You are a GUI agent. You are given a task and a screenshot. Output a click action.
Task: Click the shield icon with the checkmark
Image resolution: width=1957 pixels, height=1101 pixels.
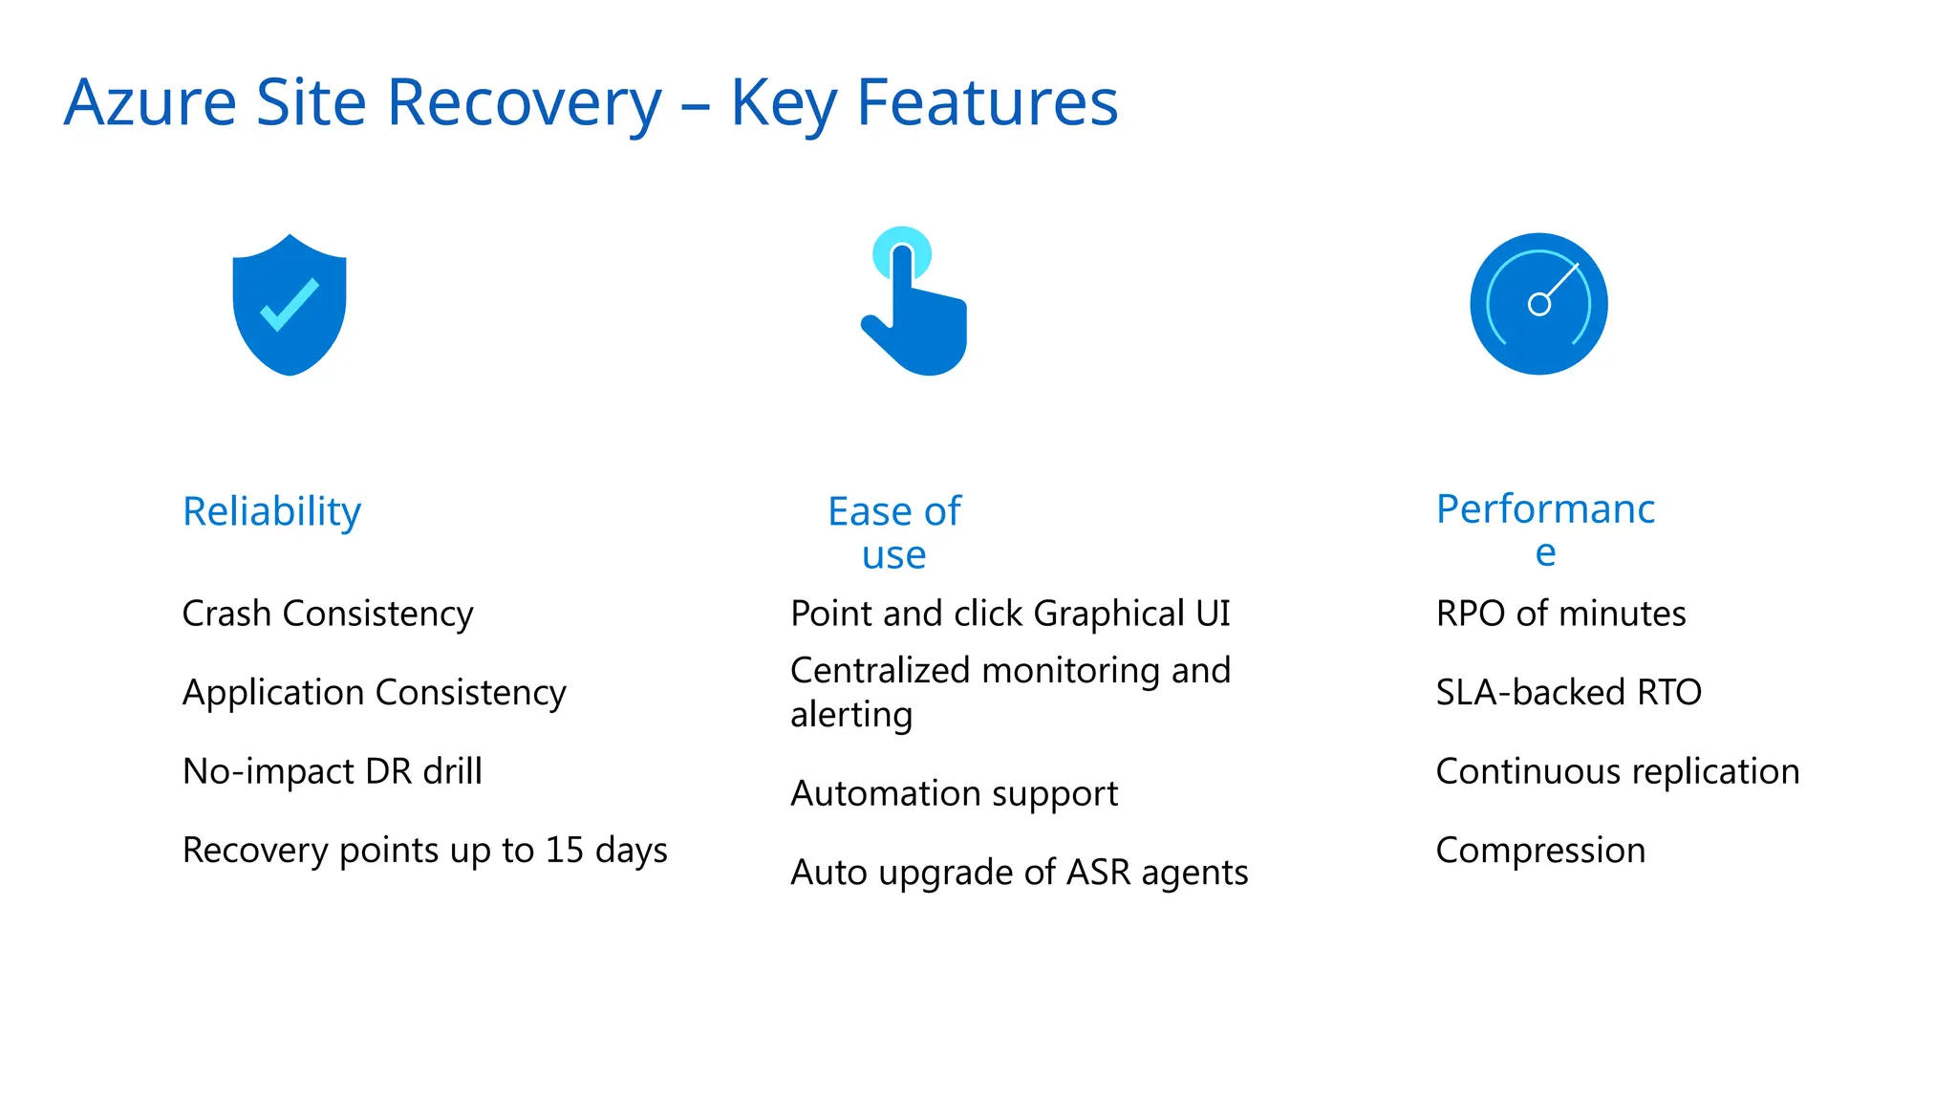[290, 304]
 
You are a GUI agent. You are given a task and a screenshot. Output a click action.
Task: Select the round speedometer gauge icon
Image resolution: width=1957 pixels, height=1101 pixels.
[1538, 304]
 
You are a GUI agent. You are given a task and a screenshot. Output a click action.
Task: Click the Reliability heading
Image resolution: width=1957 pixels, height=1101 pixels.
[271, 511]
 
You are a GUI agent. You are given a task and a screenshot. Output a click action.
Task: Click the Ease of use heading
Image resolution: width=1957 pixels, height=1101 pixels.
[894, 531]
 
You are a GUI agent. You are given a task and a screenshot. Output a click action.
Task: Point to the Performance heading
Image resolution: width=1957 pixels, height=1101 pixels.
[1545, 529]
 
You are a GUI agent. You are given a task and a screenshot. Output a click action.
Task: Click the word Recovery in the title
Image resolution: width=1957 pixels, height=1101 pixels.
[525, 102]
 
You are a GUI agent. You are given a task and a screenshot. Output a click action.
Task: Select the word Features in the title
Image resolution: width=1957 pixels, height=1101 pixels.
[987, 102]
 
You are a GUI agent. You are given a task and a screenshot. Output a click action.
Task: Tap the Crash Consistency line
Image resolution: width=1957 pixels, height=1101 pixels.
[328, 614]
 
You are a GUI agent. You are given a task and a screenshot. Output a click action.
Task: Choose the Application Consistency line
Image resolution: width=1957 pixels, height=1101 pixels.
[374, 693]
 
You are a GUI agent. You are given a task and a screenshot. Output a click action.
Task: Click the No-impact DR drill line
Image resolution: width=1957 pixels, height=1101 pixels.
[332, 771]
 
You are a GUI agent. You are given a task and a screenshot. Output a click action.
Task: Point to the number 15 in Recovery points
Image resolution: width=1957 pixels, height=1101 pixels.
[564, 851]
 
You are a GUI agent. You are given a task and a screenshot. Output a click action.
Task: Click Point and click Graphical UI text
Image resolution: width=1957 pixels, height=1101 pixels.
[1010, 614]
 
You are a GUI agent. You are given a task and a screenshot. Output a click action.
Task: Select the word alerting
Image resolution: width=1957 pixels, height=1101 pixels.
[851, 715]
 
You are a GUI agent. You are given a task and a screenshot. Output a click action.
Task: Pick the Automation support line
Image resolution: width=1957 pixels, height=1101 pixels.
[954, 794]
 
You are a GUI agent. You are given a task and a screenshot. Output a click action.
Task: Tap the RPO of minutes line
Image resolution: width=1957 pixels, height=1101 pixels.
[1560, 614]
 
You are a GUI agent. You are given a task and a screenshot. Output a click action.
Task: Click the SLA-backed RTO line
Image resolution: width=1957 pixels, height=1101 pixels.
[1568, 693]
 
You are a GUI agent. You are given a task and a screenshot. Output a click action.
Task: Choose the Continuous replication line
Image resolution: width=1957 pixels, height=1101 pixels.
[1617, 771]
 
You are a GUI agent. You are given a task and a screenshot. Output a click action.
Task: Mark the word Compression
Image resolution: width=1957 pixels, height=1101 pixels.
[1540, 851]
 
